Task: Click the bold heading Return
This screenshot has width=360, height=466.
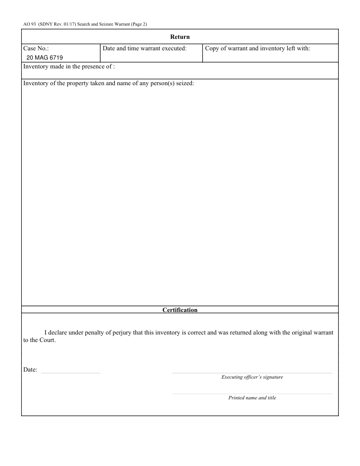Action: pos(180,37)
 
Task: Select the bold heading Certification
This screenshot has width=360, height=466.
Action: pos(180,310)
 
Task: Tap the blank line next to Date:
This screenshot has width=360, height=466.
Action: pos(71,373)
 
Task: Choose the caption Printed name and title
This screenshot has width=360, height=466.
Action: pos(252,398)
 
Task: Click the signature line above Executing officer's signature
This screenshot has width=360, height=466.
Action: pos(252,373)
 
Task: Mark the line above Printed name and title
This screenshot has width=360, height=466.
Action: pos(252,394)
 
